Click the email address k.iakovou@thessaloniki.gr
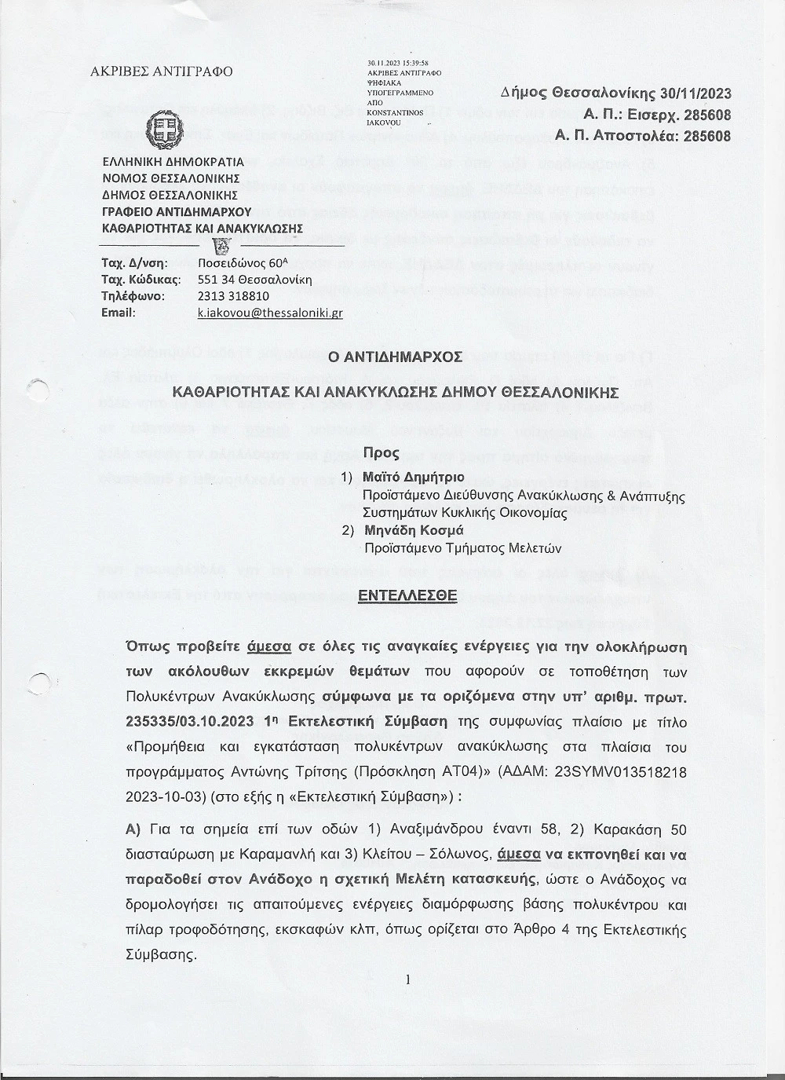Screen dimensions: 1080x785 click(270, 313)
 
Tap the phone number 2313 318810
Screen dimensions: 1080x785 click(233, 296)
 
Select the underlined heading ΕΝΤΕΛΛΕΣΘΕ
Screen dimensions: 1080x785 click(407, 595)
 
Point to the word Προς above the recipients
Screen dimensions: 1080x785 click(381, 453)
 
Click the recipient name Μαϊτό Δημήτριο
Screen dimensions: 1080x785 click(414, 477)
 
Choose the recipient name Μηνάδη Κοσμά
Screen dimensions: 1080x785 click(414, 530)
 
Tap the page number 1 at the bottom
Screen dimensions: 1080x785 click(408, 979)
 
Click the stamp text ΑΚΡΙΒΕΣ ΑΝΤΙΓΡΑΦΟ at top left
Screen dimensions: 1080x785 click(162, 71)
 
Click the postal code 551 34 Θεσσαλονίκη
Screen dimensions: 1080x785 click(255, 280)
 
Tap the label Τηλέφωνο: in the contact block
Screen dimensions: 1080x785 click(133, 296)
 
